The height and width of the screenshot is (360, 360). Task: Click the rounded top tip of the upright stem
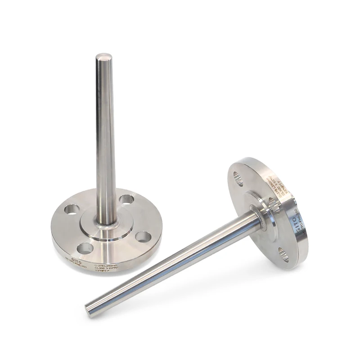coord(104,58)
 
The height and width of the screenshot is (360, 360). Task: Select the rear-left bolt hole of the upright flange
coord(72,209)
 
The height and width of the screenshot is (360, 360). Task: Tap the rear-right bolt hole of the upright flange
coord(127,199)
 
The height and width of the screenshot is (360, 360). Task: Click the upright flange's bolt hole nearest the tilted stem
coord(143,236)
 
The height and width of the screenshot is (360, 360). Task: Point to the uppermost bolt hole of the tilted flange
coord(238,178)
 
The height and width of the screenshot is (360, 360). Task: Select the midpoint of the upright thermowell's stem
coord(105,139)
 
